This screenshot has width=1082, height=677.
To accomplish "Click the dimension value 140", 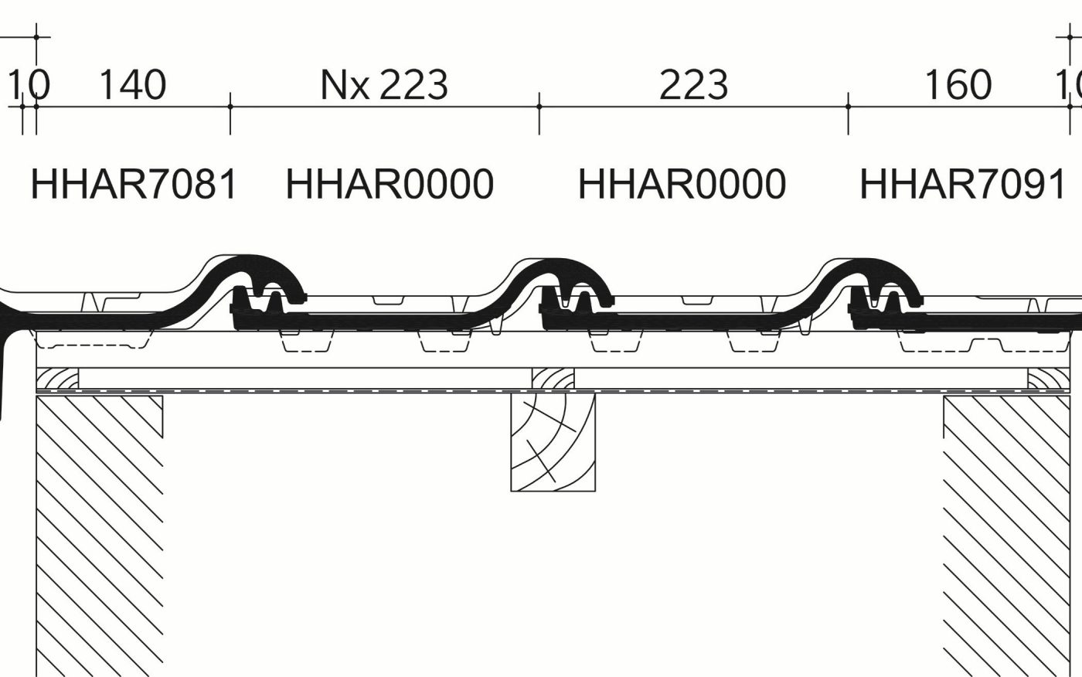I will [x=132, y=85].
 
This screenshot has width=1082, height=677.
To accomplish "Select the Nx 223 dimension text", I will [x=384, y=85].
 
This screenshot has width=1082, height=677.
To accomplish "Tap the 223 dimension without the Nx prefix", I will [x=693, y=85].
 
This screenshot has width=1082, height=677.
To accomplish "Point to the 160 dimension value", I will [x=958, y=85].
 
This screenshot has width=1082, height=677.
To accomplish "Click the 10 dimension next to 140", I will [x=29, y=85].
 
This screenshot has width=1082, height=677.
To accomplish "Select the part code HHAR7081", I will [x=134, y=185].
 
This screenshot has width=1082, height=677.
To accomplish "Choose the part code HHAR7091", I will [x=963, y=185].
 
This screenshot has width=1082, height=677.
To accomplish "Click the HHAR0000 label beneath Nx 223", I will [x=390, y=185].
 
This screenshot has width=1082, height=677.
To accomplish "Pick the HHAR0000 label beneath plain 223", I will [x=682, y=185].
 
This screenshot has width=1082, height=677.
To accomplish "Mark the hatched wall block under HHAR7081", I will [x=99, y=533].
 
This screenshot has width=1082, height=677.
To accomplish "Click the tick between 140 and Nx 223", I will [x=230, y=107].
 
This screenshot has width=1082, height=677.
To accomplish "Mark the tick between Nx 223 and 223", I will [x=539, y=107].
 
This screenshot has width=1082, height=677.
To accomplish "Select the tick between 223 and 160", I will [x=848, y=107].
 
